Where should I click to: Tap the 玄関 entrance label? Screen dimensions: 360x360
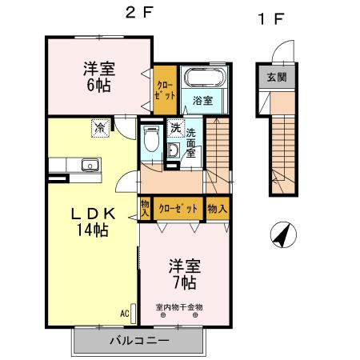pyautogui.click(x=276, y=78)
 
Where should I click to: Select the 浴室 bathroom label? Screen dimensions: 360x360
pyautogui.click(x=202, y=100)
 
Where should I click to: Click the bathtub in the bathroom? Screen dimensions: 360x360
pyautogui.click(x=206, y=80)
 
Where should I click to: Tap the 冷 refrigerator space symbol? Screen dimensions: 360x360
pyautogui.click(x=100, y=126)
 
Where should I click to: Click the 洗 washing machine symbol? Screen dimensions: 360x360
pyautogui.click(x=175, y=129)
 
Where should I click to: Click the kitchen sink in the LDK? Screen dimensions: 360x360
pyautogui.click(x=90, y=166)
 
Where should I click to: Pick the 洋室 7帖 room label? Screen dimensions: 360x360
pyautogui.click(x=182, y=273)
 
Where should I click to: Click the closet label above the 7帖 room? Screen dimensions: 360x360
pyautogui.click(x=177, y=208)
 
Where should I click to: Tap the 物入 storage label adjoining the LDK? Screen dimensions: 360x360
pyautogui.click(x=146, y=208)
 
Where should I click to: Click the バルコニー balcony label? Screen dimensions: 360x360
pyautogui.click(x=138, y=341)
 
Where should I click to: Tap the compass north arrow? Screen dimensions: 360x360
pyautogui.click(x=282, y=235)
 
